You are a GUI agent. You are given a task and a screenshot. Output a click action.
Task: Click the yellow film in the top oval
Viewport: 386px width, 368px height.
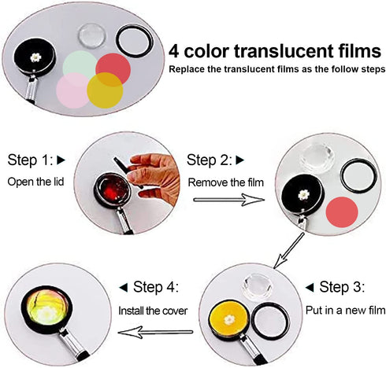tap(105, 90)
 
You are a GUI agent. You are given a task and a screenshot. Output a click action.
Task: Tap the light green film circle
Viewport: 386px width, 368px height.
tap(79, 65)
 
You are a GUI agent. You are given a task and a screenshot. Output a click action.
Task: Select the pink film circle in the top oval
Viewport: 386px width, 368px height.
tap(72, 90)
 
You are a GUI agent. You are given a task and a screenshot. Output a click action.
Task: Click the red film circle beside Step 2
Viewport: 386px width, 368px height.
tap(342, 212)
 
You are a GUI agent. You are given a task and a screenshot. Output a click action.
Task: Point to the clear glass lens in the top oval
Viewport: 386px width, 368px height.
tap(92, 36)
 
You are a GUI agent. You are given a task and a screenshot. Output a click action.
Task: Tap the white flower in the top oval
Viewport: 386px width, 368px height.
tap(35, 57)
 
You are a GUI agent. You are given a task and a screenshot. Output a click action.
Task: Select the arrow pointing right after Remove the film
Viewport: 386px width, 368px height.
tap(228, 200)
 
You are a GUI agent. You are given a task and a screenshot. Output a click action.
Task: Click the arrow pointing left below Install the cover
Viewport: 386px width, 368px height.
tap(155, 333)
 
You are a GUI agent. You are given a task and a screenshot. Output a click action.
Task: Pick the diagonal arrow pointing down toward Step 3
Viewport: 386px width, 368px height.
tap(288, 251)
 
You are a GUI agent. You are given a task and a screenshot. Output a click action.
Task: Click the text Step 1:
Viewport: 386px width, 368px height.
tap(31, 160)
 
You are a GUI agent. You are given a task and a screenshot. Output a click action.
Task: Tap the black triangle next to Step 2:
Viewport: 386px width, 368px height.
tap(239, 160)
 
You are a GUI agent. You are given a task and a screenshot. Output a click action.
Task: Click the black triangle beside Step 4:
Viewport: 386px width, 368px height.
tap(124, 288)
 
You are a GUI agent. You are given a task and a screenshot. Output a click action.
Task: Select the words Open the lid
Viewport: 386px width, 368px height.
tap(35, 182)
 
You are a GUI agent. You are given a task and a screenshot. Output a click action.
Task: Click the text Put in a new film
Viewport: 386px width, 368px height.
tap(346, 311)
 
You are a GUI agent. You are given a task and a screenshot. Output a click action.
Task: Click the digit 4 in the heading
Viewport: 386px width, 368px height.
tap(174, 51)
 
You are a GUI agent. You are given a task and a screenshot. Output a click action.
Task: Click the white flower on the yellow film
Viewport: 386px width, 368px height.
tap(229, 320)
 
